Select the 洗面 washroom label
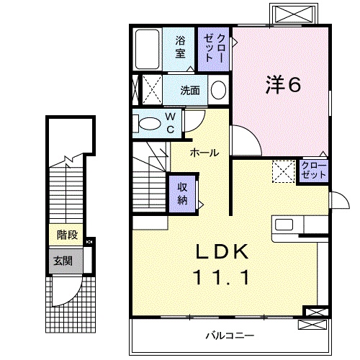(x=191, y=91)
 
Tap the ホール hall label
(x=205, y=153)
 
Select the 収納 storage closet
(x=183, y=192)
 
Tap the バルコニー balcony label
(x=228, y=336)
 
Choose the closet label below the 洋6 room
(x=314, y=171)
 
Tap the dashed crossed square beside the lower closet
(x=283, y=171)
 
